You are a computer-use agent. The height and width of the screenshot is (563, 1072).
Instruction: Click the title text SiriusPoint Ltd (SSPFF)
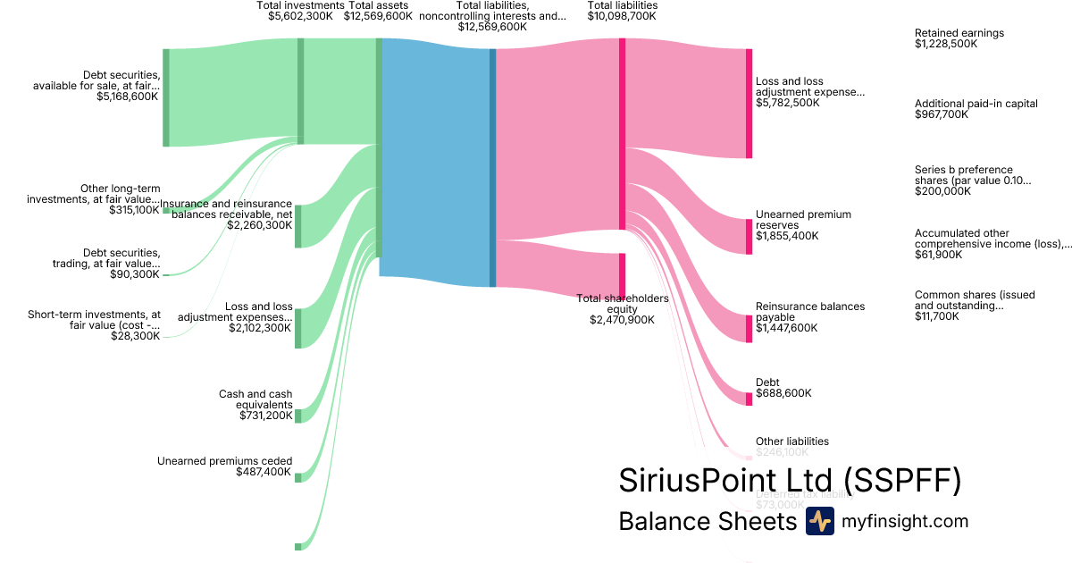pos(790,480)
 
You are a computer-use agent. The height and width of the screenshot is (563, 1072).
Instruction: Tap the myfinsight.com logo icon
pos(819,521)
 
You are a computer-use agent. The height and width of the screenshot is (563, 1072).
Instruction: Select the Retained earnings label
pos(959,33)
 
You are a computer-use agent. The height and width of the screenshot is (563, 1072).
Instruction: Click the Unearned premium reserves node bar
pos(750,236)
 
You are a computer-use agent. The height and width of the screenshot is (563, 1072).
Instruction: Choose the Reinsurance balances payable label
pos(809,312)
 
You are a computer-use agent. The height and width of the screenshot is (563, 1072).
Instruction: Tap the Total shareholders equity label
pos(622,304)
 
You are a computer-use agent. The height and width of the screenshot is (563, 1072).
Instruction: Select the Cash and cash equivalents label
pos(255,399)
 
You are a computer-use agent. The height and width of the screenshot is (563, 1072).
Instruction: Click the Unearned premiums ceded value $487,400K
pos(264,472)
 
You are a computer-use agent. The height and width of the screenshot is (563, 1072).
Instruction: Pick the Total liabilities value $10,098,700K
pos(622,16)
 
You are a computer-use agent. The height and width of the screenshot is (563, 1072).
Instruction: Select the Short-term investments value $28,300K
pos(136,336)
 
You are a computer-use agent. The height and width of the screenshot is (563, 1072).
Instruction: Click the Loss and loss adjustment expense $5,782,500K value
pos(787,103)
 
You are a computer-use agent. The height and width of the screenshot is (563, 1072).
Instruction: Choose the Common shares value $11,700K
pos(938,316)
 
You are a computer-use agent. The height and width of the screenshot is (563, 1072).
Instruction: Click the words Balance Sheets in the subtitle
pos(707,521)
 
